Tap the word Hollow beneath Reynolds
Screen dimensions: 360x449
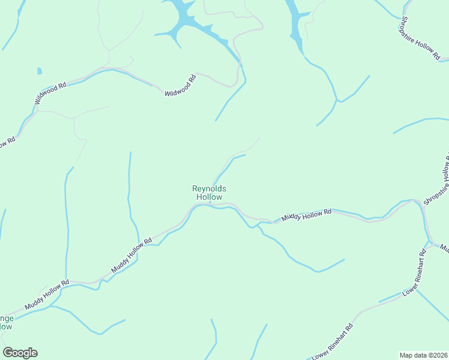tap(209, 197)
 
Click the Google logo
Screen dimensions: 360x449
tap(20, 352)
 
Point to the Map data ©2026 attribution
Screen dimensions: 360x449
tap(423, 355)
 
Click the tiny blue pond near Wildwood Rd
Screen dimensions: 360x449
tap(40, 71)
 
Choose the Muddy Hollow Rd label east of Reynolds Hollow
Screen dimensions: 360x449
tap(307, 215)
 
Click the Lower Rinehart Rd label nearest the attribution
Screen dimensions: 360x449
tap(333, 341)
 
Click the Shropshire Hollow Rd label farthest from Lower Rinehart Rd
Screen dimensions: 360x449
tap(419, 36)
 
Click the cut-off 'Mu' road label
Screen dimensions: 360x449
tap(445, 247)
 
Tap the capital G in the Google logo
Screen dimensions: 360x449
tap(8, 352)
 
